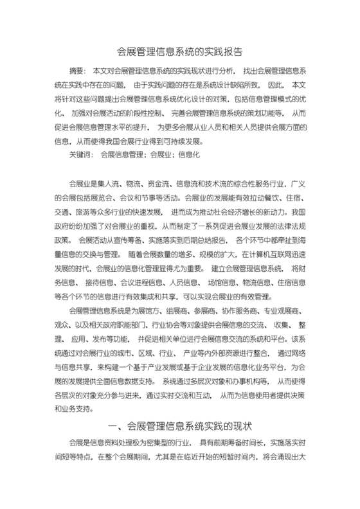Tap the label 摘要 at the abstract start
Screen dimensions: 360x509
(x=76, y=69)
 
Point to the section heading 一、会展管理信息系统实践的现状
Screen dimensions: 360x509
(x=180, y=425)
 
